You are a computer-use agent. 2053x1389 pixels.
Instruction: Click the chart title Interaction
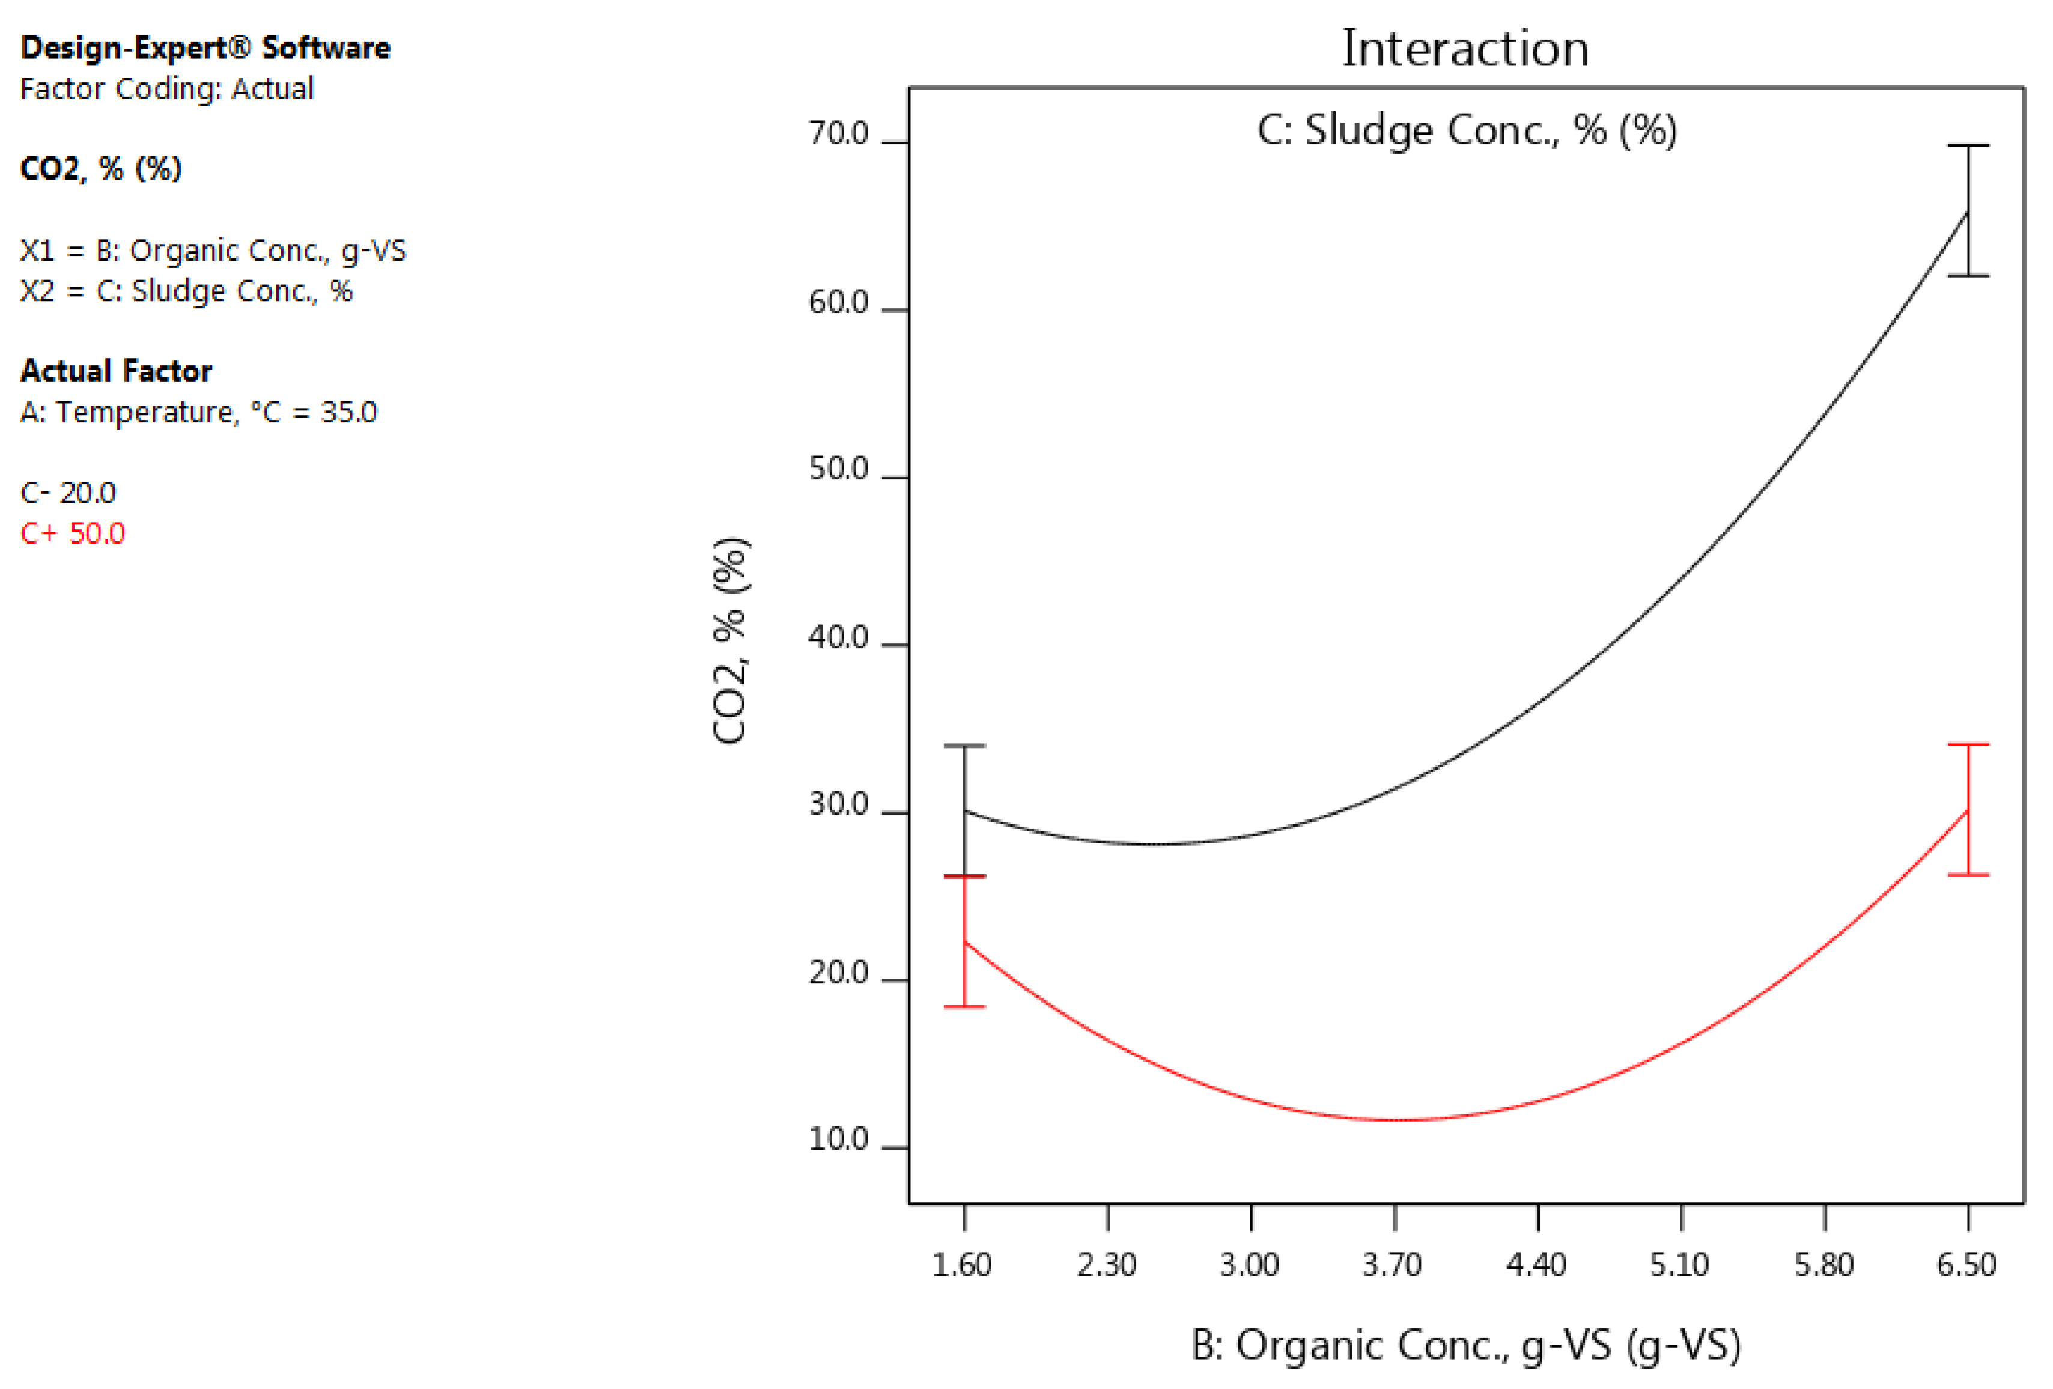point(1465,49)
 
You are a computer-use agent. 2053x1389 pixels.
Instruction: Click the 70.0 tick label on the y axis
point(838,133)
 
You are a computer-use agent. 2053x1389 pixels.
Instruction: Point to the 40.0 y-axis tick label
point(838,637)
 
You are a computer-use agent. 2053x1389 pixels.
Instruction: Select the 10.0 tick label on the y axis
point(838,1140)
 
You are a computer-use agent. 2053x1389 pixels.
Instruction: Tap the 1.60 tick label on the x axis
point(962,1265)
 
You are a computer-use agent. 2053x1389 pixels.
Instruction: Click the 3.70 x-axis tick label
point(1392,1265)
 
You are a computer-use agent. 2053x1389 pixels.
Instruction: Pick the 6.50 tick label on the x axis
point(1966,1265)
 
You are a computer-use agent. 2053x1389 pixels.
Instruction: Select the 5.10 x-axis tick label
point(1679,1265)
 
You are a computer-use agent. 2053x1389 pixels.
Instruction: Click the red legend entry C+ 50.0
point(73,533)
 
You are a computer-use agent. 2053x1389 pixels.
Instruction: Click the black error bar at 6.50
point(1968,210)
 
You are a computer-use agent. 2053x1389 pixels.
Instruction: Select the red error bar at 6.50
point(1968,809)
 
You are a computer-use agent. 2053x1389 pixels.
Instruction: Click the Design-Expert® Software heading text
point(205,47)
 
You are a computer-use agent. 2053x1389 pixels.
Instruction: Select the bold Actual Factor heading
point(116,371)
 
